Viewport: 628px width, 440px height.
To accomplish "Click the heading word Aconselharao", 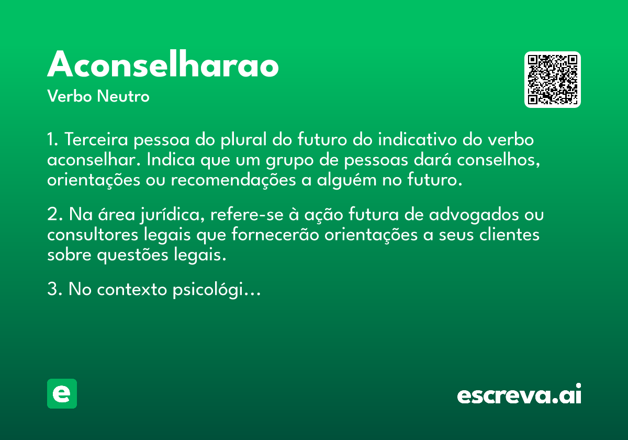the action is click(163, 64).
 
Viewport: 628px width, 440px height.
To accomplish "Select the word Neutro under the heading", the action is click(123, 96).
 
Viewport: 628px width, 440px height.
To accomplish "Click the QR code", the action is click(552, 80).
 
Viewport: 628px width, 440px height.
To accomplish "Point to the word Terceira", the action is click(96, 139).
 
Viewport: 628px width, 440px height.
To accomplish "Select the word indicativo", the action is click(417, 139).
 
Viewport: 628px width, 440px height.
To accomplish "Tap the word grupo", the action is click(289, 160).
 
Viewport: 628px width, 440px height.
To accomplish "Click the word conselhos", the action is click(498, 160).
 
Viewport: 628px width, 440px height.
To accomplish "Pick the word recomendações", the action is click(233, 180).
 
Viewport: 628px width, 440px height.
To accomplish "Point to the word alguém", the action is click(347, 180).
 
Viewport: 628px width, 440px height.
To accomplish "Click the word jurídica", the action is click(172, 215).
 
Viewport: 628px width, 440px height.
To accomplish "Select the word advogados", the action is click(474, 215).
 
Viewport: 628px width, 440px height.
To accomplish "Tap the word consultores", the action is click(93, 235).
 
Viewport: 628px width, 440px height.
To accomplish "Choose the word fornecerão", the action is click(275, 235).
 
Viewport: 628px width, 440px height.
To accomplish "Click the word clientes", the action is click(509, 235).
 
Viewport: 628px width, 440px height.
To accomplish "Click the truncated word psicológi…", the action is click(217, 290).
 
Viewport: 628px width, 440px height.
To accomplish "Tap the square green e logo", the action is click(62, 393).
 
